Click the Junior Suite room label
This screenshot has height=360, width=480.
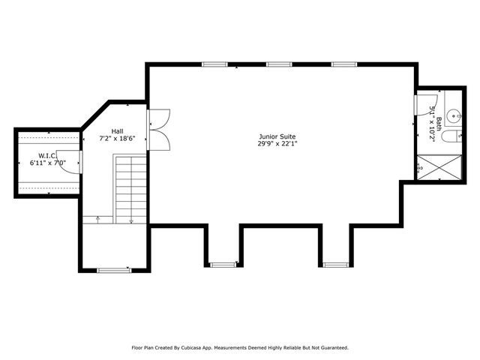pyautogui.click(x=271, y=136)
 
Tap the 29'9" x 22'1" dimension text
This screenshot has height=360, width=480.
pyautogui.click(x=271, y=144)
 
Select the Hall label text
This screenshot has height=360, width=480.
pyautogui.click(x=118, y=130)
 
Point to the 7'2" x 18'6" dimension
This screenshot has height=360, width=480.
pyautogui.click(x=118, y=139)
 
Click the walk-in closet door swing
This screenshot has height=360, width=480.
pyautogui.click(x=67, y=164)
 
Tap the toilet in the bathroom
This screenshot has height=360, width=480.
pyautogui.click(x=451, y=137)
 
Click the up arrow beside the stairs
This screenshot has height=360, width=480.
pyautogui.click(x=98, y=219)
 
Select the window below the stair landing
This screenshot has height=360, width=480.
pyautogui.click(x=113, y=269)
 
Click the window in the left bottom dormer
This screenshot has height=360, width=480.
pyautogui.click(x=222, y=264)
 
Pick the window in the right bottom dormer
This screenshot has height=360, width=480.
pyautogui.click(x=334, y=264)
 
